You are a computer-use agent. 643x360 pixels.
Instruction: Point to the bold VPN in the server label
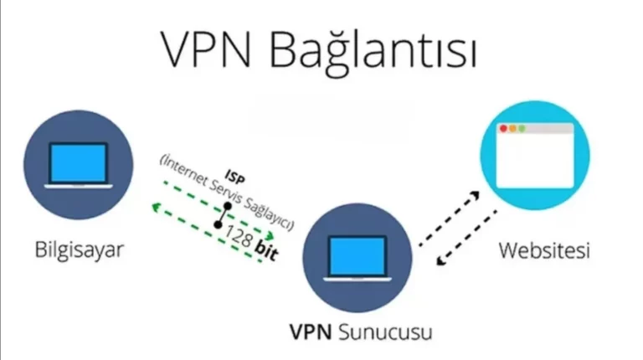tap(311, 332)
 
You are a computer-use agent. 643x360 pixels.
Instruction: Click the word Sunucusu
tap(386, 332)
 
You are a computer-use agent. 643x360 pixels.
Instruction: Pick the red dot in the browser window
tap(503, 130)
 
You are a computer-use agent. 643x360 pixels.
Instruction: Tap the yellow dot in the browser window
tap(513, 130)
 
